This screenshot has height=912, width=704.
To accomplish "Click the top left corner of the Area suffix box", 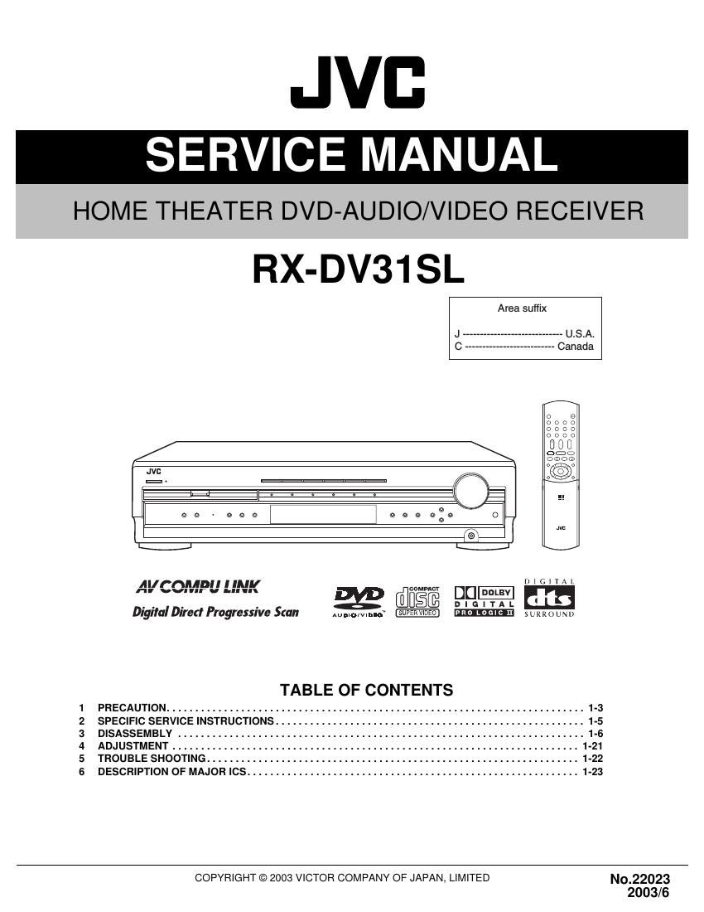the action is tap(449, 297).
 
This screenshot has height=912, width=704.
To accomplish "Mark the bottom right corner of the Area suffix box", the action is tap(602, 360).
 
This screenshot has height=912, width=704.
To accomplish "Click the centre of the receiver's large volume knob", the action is tap(471, 490).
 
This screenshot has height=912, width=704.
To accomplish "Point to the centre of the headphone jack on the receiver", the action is tap(471, 535).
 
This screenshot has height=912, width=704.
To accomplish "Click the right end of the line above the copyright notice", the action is tap(688, 865).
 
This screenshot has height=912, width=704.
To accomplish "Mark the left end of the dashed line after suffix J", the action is tap(464, 334).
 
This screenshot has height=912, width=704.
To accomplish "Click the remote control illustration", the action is tap(561, 474).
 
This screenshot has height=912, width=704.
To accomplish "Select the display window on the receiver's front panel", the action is tap(323, 515).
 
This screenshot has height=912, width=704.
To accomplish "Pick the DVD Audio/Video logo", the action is tap(359, 602).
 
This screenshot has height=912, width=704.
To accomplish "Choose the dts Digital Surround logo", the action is tap(549, 598).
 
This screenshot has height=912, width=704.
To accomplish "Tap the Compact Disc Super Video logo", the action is tap(417, 601).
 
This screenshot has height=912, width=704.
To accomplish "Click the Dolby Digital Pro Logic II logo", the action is tap(484, 601).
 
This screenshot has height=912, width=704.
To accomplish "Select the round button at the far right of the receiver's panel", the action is tap(495, 515).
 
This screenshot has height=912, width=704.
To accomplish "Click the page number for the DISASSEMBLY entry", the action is tap(596, 734).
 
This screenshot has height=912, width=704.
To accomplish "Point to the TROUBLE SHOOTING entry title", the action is tap(152, 759).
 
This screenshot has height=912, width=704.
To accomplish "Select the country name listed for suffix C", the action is tap(576, 347).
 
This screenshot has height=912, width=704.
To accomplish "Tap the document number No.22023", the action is tap(640, 880).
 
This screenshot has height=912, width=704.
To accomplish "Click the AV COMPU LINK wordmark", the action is tap(198, 586).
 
